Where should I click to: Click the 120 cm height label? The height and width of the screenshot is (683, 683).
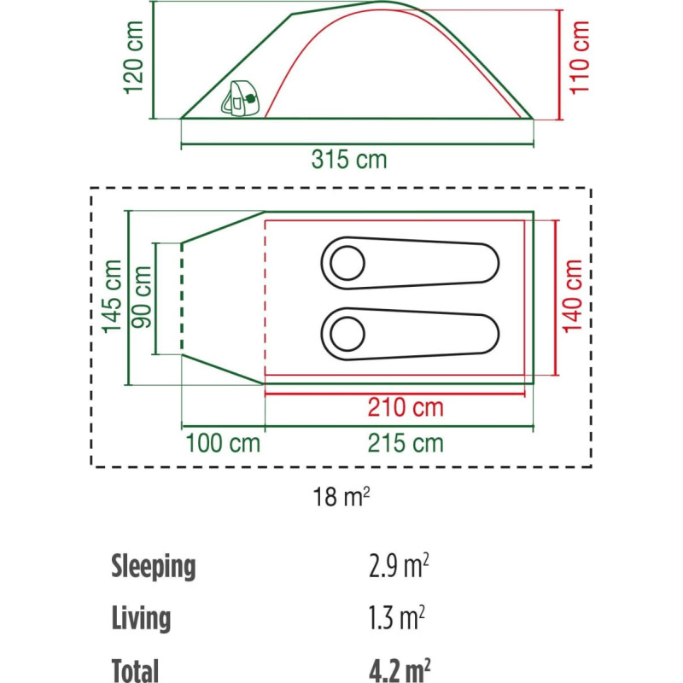pyautogui.click(x=134, y=57)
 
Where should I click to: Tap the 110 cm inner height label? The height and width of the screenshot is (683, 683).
pyautogui.click(x=580, y=57)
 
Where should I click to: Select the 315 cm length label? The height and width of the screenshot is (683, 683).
pyautogui.click(x=349, y=159)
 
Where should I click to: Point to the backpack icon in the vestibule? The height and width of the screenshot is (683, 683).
pyautogui.click(x=240, y=98)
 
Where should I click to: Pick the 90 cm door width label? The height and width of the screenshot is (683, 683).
pyautogui.click(x=142, y=296)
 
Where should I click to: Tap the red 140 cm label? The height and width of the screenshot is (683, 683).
pyautogui.click(x=572, y=296)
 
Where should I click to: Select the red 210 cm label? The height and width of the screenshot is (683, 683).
pyautogui.click(x=405, y=408)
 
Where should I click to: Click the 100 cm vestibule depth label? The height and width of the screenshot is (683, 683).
pyautogui.click(x=223, y=443)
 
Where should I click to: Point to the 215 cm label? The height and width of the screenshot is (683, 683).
pyautogui.click(x=405, y=443)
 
